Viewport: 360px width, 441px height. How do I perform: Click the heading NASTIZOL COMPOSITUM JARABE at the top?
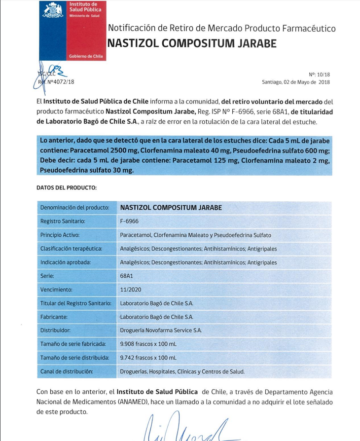tap(191, 43)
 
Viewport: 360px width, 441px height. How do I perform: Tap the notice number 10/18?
tap(323, 74)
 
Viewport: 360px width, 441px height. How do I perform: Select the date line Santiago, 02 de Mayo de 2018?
tap(295, 82)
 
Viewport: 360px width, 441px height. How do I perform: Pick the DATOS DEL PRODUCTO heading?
tap(67, 188)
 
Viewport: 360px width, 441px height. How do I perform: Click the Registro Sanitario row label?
tap(63, 221)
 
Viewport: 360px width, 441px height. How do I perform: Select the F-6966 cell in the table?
tap(129, 221)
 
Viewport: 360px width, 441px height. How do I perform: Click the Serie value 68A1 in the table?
tap(127, 276)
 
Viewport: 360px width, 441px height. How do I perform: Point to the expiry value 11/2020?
tap(130, 290)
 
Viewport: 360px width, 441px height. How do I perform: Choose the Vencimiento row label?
tap(56, 290)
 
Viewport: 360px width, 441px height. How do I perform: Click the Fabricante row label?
tap(54, 317)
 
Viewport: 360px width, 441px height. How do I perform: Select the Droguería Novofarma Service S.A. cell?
tap(161, 330)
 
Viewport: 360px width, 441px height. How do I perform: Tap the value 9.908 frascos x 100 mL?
tap(148, 344)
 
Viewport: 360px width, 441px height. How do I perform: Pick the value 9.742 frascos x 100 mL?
tap(148, 357)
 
